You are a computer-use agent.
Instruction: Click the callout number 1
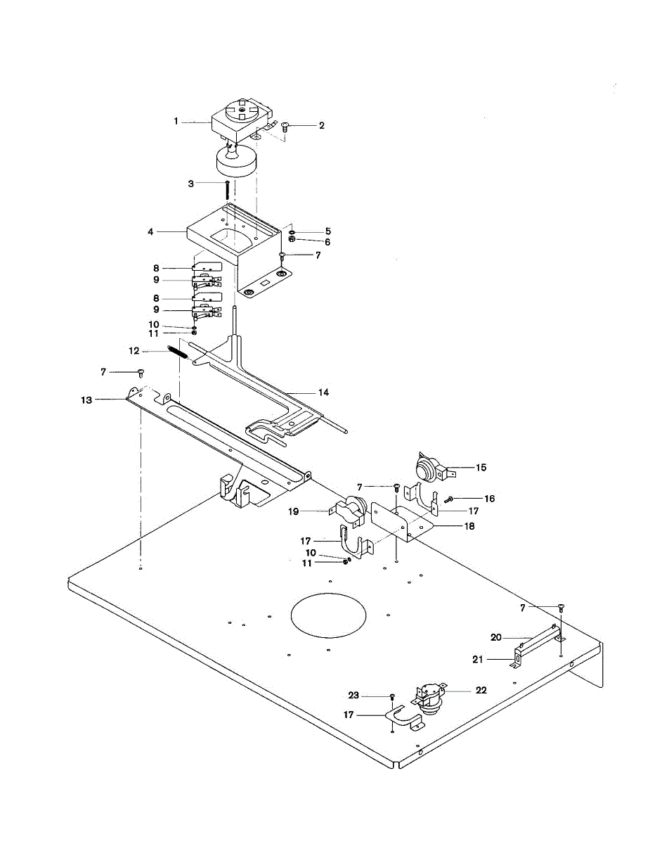pyautogui.click(x=177, y=122)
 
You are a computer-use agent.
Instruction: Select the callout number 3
pyautogui.click(x=190, y=184)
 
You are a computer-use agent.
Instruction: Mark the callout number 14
pyautogui.click(x=323, y=392)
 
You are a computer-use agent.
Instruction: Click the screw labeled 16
pyautogui.click(x=448, y=499)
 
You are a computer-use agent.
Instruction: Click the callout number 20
pyautogui.click(x=495, y=637)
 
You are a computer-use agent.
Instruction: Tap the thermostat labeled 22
pyautogui.click(x=429, y=695)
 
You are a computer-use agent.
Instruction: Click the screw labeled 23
pyautogui.click(x=392, y=696)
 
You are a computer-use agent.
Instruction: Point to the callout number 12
pyautogui.click(x=132, y=351)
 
